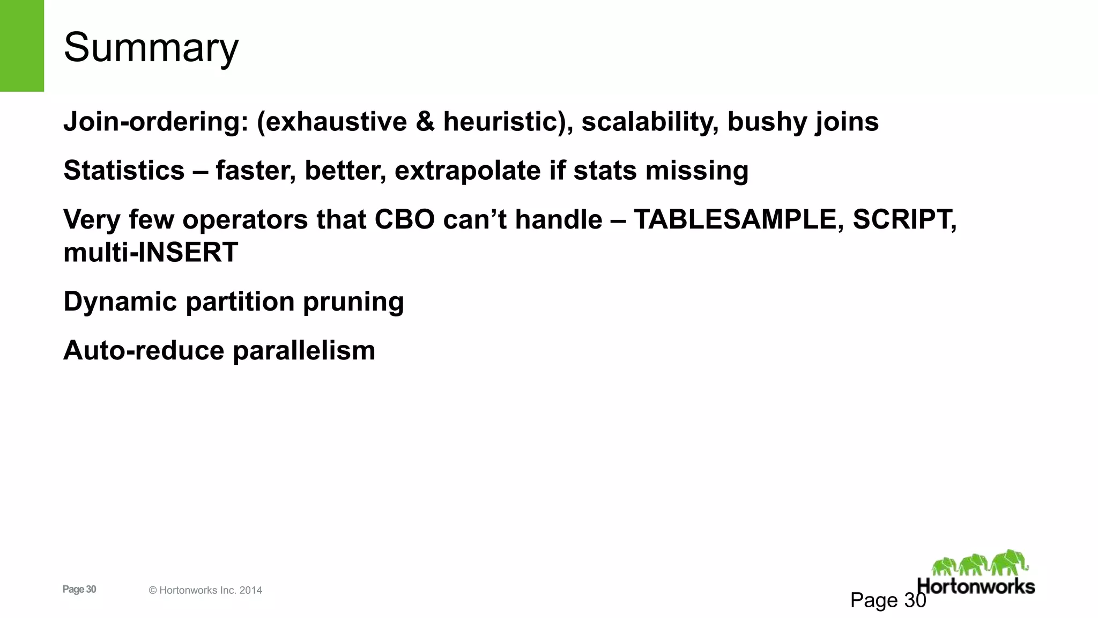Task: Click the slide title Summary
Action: point(151,47)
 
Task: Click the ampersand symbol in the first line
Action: point(425,122)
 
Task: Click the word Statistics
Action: point(124,171)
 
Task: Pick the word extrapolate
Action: point(468,171)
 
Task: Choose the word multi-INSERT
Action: point(151,252)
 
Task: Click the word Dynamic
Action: point(120,301)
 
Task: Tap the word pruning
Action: point(353,301)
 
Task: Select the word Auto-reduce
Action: point(144,350)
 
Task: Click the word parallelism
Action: point(304,350)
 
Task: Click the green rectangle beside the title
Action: point(21,46)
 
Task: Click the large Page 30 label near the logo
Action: point(888,600)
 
